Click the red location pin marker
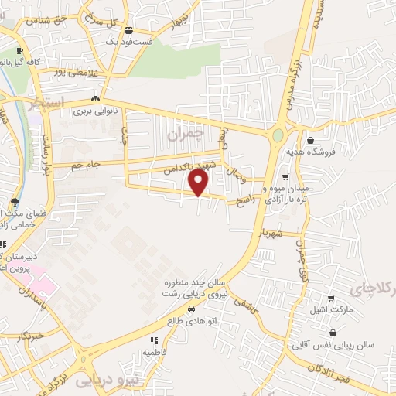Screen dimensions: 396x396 tap(199, 182)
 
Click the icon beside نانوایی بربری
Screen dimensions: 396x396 tap(95, 99)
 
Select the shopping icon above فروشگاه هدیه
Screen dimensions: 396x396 tap(310, 141)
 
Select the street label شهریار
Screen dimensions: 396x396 tap(274, 231)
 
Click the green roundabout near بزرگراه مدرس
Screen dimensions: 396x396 tap(278, 136)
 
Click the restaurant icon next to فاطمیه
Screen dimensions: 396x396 tap(154, 340)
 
